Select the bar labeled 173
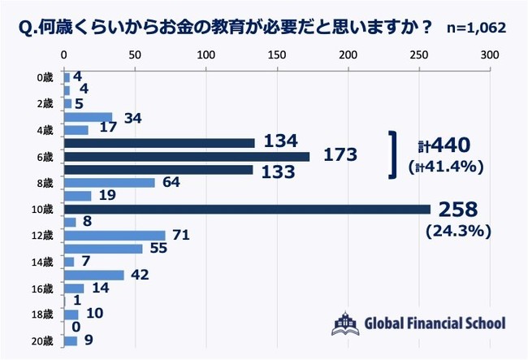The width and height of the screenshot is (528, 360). pyautogui.click(x=187, y=156)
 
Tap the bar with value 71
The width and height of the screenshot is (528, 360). pyautogui.click(x=115, y=235)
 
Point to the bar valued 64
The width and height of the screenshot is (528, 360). pyautogui.click(x=110, y=182)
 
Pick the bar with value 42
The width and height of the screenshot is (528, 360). pyautogui.click(x=94, y=275)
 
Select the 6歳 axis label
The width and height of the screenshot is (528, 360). pyautogui.click(x=45, y=156)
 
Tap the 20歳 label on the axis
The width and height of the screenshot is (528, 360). pyautogui.click(x=43, y=340)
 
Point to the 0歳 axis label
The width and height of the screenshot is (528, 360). pyautogui.click(x=45, y=77)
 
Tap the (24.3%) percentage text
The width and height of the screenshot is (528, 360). pyautogui.click(x=456, y=231)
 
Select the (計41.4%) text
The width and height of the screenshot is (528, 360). pyautogui.click(x=447, y=168)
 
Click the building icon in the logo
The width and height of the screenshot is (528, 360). pyautogui.click(x=344, y=323)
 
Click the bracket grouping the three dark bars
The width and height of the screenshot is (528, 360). pyautogui.click(x=393, y=155)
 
